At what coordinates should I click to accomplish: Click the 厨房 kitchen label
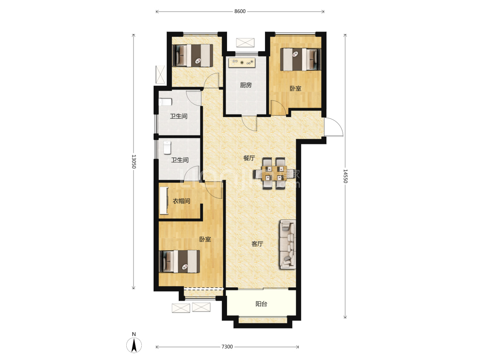tap(245, 85)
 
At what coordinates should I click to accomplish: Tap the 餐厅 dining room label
tap(249, 158)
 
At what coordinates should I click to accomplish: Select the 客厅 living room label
tap(257, 244)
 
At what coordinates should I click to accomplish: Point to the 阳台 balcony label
tap(261, 304)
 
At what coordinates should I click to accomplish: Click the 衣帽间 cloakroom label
tap(181, 201)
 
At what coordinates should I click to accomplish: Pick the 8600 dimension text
tap(240, 12)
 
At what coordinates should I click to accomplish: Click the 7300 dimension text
tap(227, 347)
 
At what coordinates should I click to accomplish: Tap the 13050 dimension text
tap(134, 161)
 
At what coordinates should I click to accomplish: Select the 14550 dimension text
tap(345, 176)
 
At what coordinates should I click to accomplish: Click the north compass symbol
tap(134, 344)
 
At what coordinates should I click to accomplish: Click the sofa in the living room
tap(288, 244)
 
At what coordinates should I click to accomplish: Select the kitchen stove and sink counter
tap(242, 62)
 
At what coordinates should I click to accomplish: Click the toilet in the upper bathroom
tap(165, 102)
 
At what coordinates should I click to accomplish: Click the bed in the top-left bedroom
tap(192, 55)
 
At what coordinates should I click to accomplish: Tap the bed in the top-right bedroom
tap(300, 59)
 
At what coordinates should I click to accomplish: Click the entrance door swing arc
tap(334, 127)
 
